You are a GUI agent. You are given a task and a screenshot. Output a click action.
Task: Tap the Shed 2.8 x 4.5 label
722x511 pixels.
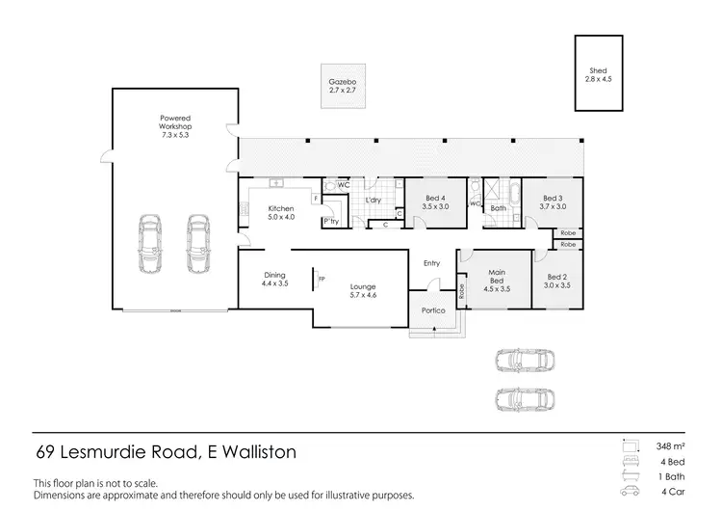[x=597, y=75]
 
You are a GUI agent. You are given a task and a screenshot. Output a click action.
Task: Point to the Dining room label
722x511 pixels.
[x=274, y=280]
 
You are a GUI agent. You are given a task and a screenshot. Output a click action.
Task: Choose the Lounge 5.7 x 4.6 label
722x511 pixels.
[x=363, y=290]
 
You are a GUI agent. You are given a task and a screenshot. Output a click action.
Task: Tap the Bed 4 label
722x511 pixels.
[x=437, y=202]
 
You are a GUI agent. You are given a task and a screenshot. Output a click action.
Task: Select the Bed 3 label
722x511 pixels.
[x=553, y=202]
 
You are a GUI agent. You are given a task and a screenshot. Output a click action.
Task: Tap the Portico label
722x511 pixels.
[x=431, y=310]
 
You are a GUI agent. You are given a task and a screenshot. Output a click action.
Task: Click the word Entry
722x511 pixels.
[x=430, y=263]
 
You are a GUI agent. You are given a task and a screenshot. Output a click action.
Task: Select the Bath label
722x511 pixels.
[x=498, y=208]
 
